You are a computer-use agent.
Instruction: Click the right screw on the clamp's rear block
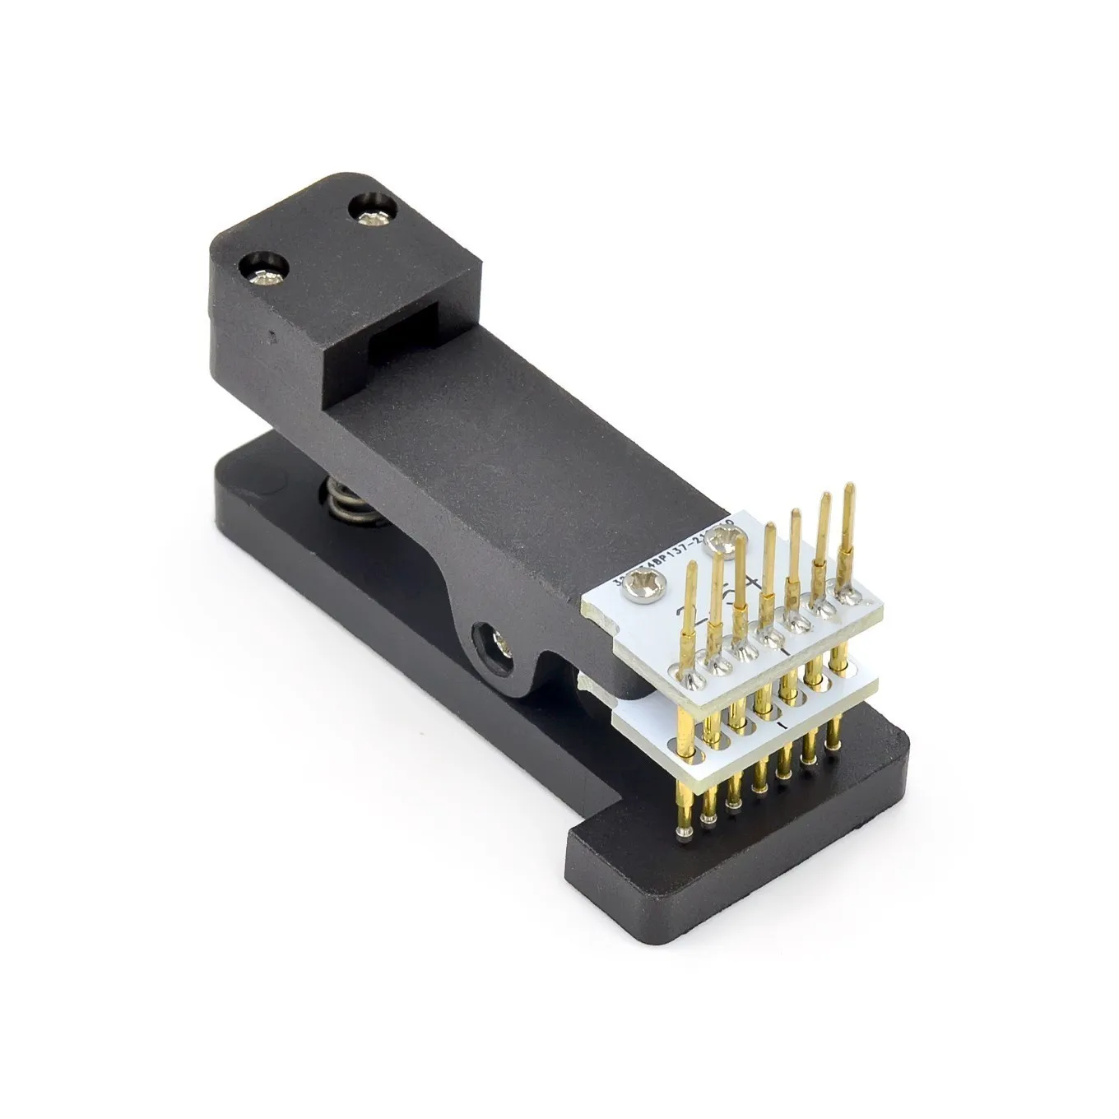pyautogui.click(x=375, y=214)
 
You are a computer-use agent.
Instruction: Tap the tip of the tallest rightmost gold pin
pyautogui.click(x=847, y=490)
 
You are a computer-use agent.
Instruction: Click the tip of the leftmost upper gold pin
pyautogui.click(x=690, y=567)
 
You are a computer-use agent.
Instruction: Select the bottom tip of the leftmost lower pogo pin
pyautogui.click(x=682, y=836)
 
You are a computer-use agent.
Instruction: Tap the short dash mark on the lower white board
pyautogui.click(x=789, y=725)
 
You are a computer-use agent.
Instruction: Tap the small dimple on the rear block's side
pyautogui.click(x=272, y=336)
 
